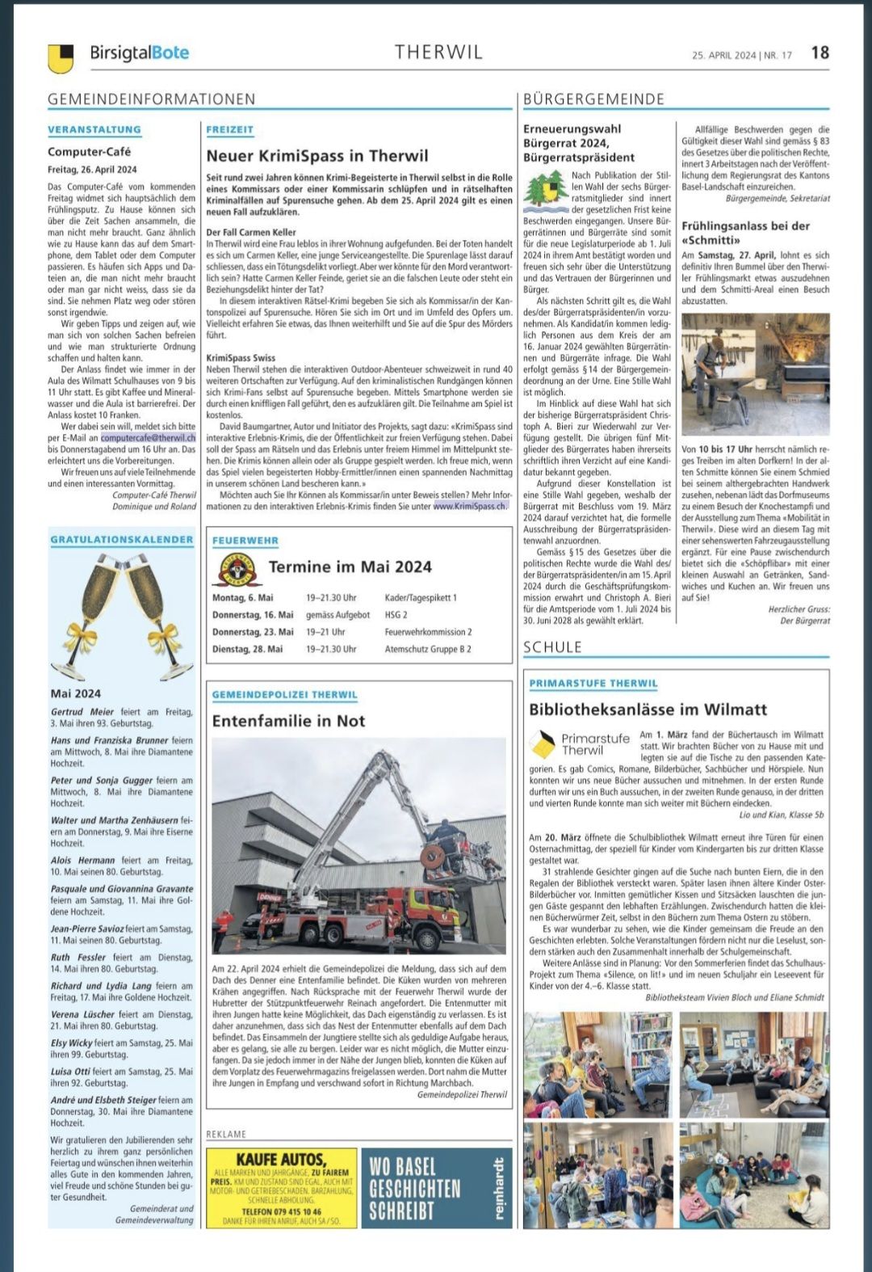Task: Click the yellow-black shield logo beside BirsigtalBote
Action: point(61,57)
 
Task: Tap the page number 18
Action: point(820,53)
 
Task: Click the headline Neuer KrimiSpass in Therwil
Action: point(317,156)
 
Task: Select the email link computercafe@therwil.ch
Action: point(149,437)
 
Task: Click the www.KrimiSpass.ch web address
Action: point(470,506)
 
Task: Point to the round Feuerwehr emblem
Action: point(236,568)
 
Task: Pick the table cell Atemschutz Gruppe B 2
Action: point(428,649)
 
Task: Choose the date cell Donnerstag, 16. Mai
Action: point(253,615)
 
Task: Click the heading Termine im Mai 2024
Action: point(350,567)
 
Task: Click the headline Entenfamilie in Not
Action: point(288,721)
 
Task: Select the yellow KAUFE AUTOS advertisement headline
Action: point(281,1160)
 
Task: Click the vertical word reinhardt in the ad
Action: point(498,1188)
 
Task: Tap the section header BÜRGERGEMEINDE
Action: point(593,99)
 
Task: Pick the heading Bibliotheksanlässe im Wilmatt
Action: point(648,710)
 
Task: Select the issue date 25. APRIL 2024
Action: point(723,55)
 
